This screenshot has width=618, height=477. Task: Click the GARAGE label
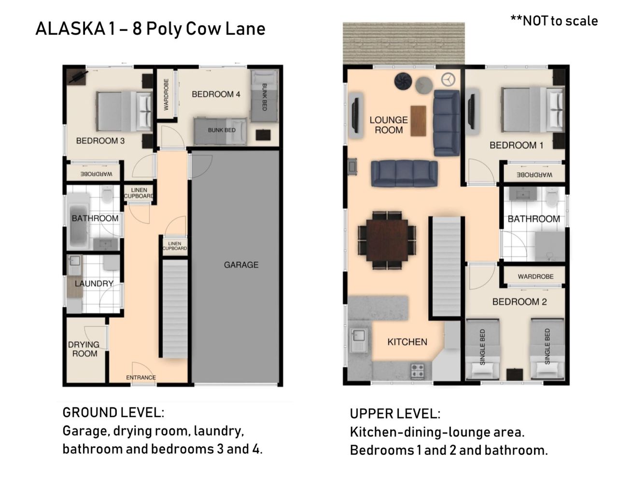click(241, 265)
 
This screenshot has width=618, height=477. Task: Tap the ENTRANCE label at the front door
click(141, 377)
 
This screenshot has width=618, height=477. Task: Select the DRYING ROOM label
click(84, 349)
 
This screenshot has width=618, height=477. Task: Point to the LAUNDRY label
click(94, 283)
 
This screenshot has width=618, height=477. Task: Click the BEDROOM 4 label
click(216, 94)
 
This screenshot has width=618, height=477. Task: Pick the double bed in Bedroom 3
click(124, 111)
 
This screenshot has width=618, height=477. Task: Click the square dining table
click(387, 240)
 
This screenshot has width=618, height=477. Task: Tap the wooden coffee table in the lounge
click(418, 121)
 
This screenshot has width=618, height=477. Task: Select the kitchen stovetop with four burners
click(417, 371)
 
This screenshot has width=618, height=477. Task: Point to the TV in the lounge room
click(355, 115)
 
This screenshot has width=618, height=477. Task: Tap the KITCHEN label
click(407, 342)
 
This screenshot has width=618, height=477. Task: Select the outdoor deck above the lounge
click(404, 43)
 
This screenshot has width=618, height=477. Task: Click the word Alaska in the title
click(70, 28)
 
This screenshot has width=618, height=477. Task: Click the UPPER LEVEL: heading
click(395, 414)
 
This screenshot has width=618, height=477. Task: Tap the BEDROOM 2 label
click(520, 301)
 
